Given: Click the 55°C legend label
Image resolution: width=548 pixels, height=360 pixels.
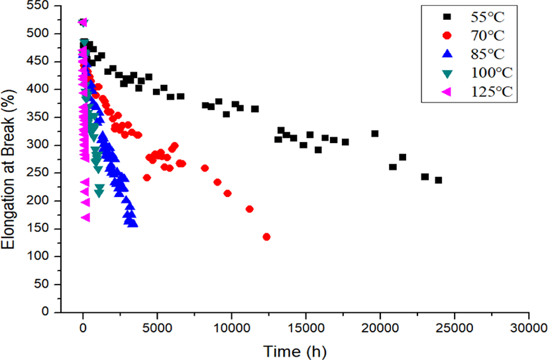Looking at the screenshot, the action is coord(488,17).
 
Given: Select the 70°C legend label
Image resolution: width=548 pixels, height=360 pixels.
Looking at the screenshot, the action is coord(488,36).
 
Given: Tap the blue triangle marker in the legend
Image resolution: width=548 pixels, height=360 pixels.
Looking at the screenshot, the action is coord(447,54).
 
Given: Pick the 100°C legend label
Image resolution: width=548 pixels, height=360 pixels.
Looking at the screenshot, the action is coord(492,73).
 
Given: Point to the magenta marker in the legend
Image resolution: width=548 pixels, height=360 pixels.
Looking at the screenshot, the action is coord(447,91).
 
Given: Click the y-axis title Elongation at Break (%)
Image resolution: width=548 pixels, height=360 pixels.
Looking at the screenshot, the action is coord(8,169).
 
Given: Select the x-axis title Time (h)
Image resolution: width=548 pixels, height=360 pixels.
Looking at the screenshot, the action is coord(295,351).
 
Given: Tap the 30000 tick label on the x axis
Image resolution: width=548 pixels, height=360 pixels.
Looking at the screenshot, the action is coord(528,328).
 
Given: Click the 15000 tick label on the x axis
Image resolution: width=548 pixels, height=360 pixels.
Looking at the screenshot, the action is coord(305,328).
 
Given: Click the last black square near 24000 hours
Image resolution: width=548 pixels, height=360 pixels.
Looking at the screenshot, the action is coord(438,180).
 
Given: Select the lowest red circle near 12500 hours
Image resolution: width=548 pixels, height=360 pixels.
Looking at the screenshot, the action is coord(266,237).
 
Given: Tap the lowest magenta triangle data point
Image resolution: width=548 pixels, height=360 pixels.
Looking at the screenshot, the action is coord(85,217).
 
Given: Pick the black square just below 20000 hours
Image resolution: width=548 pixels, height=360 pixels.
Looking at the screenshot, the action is coord(375,134).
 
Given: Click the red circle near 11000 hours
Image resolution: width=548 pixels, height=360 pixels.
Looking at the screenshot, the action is coord(250,209).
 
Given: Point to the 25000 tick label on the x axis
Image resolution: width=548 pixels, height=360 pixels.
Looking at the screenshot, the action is coord(455,328).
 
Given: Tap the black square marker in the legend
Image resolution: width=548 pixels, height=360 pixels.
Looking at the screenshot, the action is coord(447,17).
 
